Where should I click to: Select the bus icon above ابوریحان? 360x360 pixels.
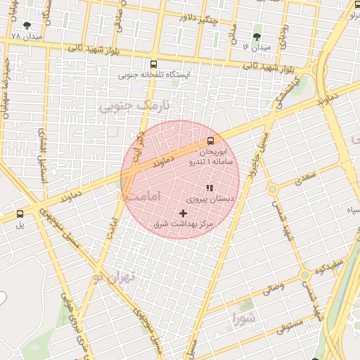(211, 139)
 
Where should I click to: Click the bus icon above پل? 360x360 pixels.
(20, 214)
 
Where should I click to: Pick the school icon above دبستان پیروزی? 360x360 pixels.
(209, 188)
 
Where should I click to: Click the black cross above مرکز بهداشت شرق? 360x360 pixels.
(184, 212)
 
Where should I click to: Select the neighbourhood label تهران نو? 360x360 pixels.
(111, 277)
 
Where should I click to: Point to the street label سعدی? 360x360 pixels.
(306, 178)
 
